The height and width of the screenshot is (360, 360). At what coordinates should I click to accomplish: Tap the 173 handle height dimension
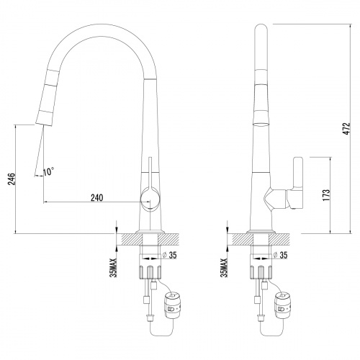[x=327, y=195]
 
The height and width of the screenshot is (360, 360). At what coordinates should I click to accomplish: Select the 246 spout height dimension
[x=12, y=179]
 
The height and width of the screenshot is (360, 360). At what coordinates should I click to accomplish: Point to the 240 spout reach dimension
[x=96, y=198]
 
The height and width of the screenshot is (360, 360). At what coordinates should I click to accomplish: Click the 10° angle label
[x=49, y=171]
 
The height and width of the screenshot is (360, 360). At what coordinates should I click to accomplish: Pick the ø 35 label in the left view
[x=169, y=255]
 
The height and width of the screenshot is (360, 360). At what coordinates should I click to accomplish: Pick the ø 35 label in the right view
[x=280, y=255]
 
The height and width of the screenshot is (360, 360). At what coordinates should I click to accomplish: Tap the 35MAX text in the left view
[x=113, y=268]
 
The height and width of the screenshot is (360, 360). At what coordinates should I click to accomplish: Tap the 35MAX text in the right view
[x=224, y=268]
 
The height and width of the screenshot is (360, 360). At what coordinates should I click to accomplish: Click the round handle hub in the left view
[x=150, y=199]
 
